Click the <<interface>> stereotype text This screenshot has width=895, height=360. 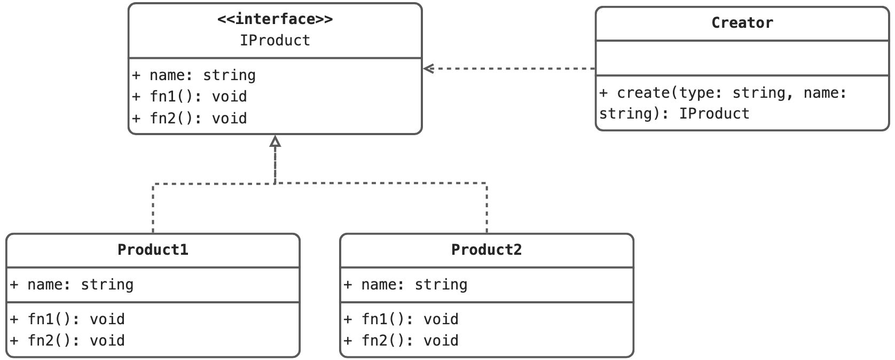pyautogui.click(x=274, y=19)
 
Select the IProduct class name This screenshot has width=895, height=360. pyautogui.click(x=274, y=41)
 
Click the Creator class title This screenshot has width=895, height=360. pyautogui.click(x=742, y=23)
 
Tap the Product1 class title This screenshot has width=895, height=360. pyautogui.click(x=153, y=250)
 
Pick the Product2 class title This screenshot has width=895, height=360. pyautogui.click(x=486, y=250)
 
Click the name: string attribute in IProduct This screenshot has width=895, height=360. pyautogui.click(x=194, y=75)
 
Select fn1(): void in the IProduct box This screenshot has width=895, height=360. pyautogui.click(x=190, y=97)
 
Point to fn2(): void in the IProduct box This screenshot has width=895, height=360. pyautogui.click(x=190, y=118)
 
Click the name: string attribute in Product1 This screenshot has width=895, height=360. pyautogui.click(x=72, y=285)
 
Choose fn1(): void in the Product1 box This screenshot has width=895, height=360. pyautogui.click(x=68, y=319)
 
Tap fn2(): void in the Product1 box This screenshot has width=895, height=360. pyautogui.click(x=68, y=341)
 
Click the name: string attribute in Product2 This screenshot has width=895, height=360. pyautogui.click(x=406, y=285)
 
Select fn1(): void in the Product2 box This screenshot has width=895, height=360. pyautogui.click(x=402, y=319)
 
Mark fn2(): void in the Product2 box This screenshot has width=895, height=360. pyautogui.click(x=402, y=341)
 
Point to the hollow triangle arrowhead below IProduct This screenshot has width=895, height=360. pyautogui.click(x=275, y=142)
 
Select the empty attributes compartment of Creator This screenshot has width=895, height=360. pyautogui.click(x=742, y=58)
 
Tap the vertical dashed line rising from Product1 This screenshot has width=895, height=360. pyautogui.click(x=153, y=208)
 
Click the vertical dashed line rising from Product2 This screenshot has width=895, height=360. pyautogui.click(x=487, y=208)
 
